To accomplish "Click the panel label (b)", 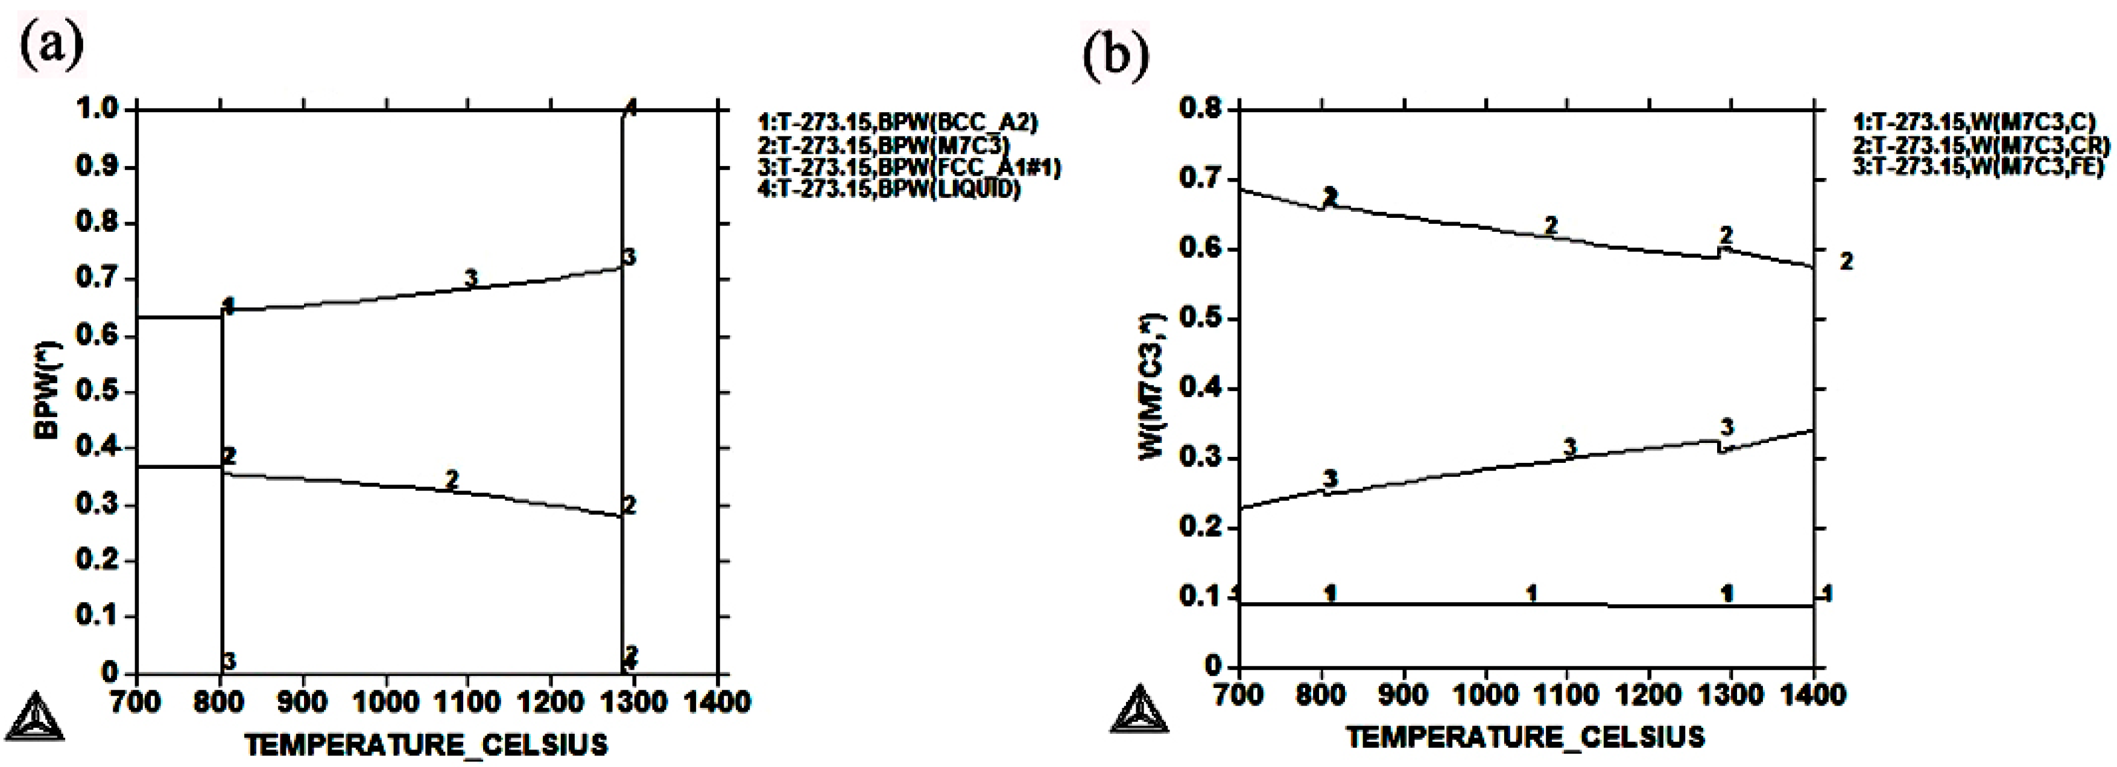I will tap(1115, 54).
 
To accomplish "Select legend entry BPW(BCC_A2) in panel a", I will tap(897, 123).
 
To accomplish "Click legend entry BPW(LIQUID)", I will tap(888, 190).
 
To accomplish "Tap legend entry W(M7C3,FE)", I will tap(1977, 167).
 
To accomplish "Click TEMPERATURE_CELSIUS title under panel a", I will tap(426, 745).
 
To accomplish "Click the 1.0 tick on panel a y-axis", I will tap(98, 109).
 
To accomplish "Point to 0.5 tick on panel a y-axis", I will tap(98, 391).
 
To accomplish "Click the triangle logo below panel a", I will tap(33, 717).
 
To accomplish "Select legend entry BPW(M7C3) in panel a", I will tap(884, 145).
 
